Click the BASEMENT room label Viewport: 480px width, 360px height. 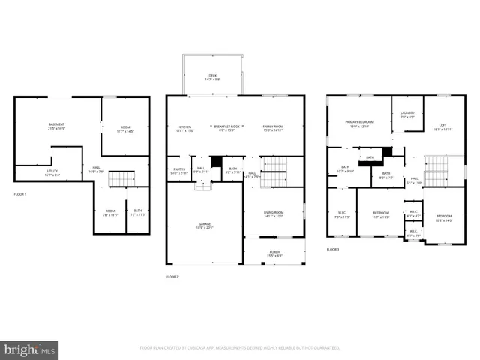pyautogui.click(x=56, y=124)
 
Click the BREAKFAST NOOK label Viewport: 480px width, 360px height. pyautogui.click(x=226, y=127)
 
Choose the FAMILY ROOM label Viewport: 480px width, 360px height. pyautogui.click(x=273, y=127)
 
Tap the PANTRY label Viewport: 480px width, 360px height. pyautogui.click(x=178, y=169)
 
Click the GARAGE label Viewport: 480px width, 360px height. pyautogui.click(x=204, y=223)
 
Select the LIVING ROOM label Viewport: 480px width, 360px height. pyautogui.click(x=273, y=213)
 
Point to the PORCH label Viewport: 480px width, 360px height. pyautogui.click(x=274, y=253)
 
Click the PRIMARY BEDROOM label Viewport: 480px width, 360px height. pyautogui.click(x=359, y=121)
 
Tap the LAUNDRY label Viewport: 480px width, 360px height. pyautogui.click(x=407, y=113)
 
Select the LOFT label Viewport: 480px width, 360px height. pyautogui.click(x=444, y=124)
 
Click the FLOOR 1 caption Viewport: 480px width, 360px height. pyautogui.click(x=20, y=194)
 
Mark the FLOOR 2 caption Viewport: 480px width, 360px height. pyautogui.click(x=172, y=277)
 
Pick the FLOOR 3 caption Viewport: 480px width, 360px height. pyautogui.click(x=333, y=250)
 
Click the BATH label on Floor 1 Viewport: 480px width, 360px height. pyautogui.click(x=136, y=211)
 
